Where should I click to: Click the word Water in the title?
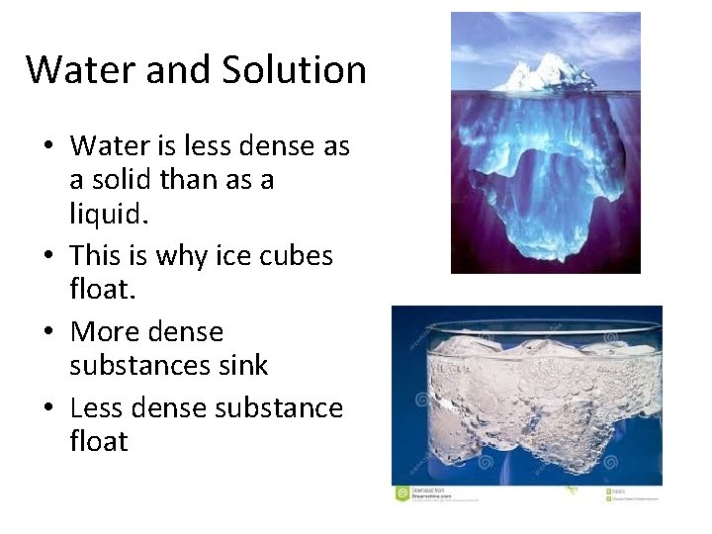70,70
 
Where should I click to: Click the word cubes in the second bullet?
297,256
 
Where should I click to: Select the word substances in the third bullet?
139,366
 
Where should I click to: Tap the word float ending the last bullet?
99,441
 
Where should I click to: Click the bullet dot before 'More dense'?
48,333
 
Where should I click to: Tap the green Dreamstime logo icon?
401,492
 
